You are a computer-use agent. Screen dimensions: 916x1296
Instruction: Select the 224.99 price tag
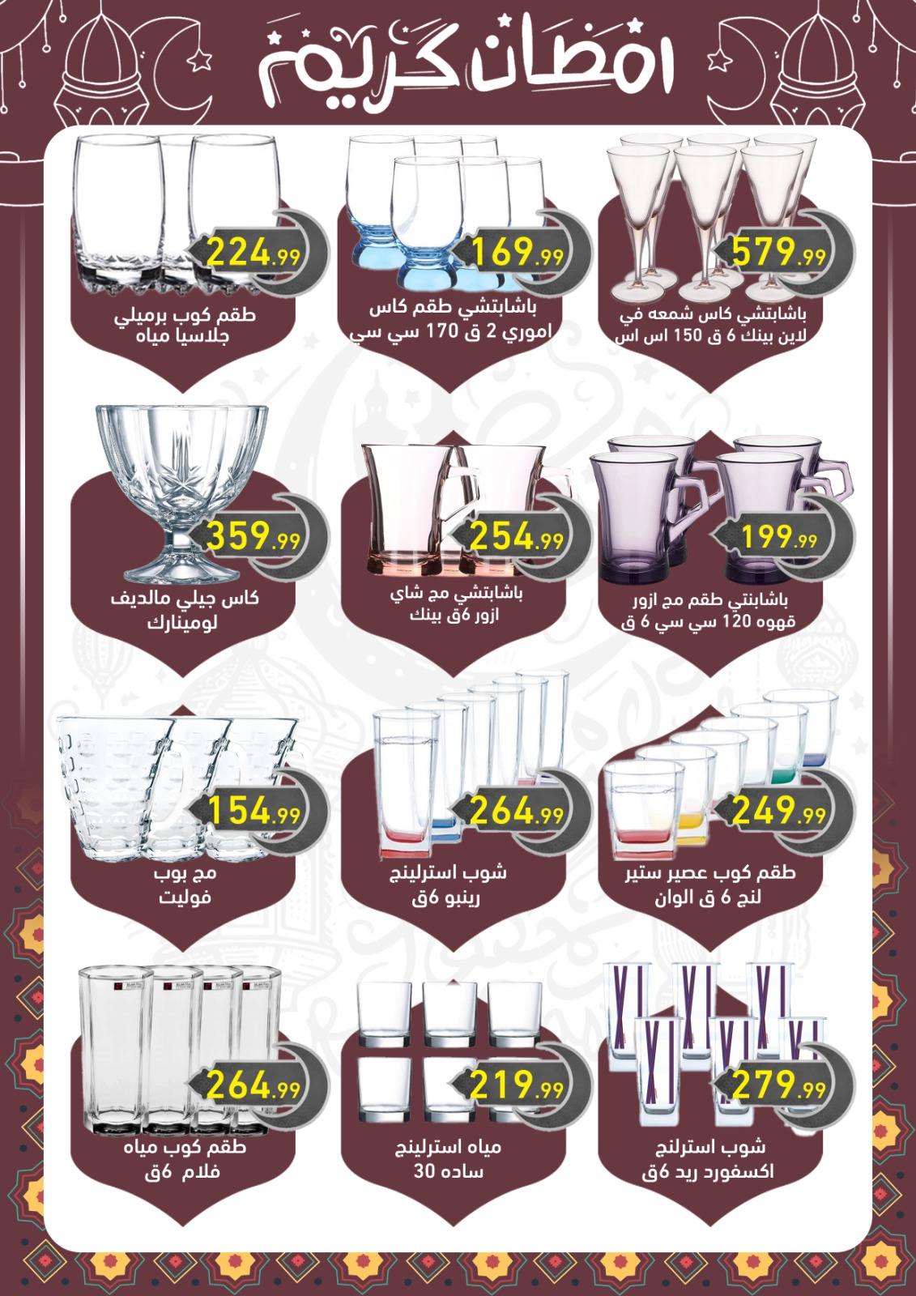click(253, 252)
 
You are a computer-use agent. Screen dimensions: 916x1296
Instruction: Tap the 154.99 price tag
click(253, 810)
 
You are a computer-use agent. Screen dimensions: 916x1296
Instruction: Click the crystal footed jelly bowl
click(181, 493)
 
